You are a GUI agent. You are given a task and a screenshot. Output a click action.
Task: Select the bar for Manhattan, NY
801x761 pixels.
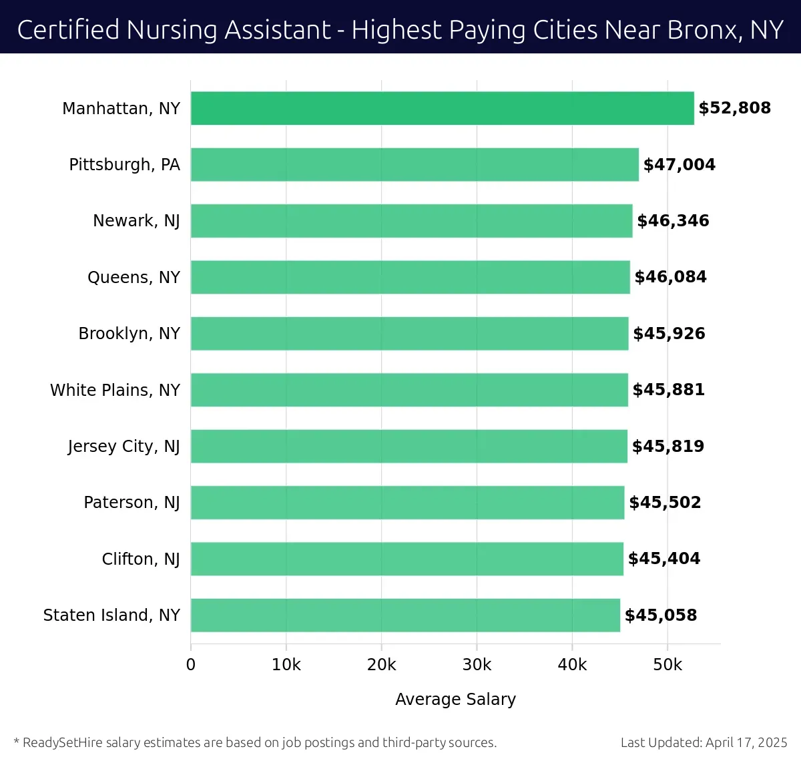click(x=442, y=108)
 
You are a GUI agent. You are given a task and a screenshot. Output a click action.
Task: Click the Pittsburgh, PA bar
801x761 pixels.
click(x=415, y=165)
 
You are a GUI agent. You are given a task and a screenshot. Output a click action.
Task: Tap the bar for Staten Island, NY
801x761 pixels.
click(x=405, y=615)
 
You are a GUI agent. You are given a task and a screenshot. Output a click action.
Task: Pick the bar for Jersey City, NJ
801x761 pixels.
click(x=409, y=447)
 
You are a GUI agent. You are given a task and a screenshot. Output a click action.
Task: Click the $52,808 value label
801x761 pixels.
click(x=734, y=108)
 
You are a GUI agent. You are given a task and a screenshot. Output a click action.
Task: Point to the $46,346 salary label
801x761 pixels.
click(x=673, y=221)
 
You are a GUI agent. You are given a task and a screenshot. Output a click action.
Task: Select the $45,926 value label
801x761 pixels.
click(x=669, y=334)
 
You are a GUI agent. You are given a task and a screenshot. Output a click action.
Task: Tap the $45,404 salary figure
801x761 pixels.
click(x=664, y=559)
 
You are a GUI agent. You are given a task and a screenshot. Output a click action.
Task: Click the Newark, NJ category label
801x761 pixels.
click(x=136, y=221)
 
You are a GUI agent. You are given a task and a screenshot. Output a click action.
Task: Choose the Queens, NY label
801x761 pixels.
click(x=133, y=278)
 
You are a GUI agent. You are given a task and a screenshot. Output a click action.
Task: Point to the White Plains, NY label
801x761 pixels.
click(x=115, y=391)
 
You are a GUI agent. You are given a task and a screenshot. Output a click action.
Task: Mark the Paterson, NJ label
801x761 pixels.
click(x=131, y=503)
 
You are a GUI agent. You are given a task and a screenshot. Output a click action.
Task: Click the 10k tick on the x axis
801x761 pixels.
click(x=286, y=665)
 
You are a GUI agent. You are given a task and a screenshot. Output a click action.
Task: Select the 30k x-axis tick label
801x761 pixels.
click(x=477, y=665)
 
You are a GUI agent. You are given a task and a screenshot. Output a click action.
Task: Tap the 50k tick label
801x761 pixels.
click(x=667, y=665)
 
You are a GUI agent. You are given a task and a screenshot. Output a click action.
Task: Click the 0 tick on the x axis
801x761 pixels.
click(x=191, y=665)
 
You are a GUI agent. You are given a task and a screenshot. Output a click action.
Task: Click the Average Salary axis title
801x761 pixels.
click(x=455, y=699)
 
